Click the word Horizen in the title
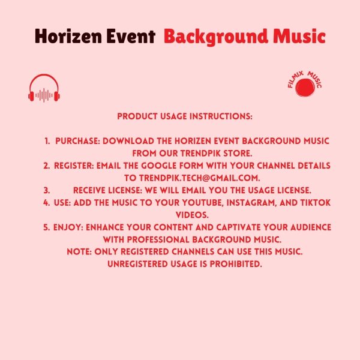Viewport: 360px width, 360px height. pyautogui.click(x=68, y=36)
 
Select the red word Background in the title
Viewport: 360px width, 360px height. pyautogui.click(x=216, y=37)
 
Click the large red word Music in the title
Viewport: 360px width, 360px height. pyautogui.click(x=299, y=36)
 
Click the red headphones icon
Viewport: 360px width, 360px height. pyautogui.click(x=44, y=88)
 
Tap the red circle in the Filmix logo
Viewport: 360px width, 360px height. pyautogui.click(x=305, y=88)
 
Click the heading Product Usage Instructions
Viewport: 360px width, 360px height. pyautogui.click(x=185, y=116)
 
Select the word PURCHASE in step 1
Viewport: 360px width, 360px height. pyautogui.click(x=77, y=141)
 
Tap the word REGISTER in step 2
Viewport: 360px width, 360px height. pyautogui.click(x=74, y=166)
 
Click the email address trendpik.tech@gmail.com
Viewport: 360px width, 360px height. pyautogui.click(x=199, y=178)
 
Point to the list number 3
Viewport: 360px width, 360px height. pyautogui.click(x=47, y=190)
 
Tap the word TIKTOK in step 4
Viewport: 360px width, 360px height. pyautogui.click(x=316, y=203)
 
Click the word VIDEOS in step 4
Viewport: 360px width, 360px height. pyautogui.click(x=192, y=215)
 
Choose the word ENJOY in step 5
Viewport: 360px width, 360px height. pyautogui.click(x=68, y=227)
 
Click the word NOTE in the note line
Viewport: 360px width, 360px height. pyautogui.click(x=79, y=251)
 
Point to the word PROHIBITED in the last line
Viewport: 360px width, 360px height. pyautogui.click(x=236, y=264)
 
